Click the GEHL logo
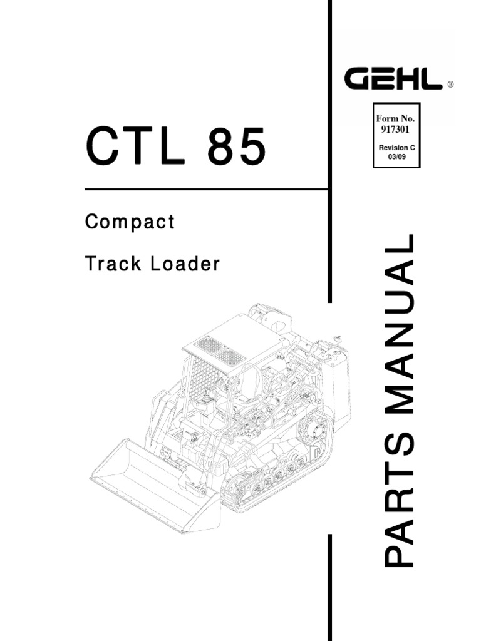pyautogui.click(x=394, y=80)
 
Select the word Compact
pyautogui.click(x=130, y=223)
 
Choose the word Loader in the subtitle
pyautogui.click(x=185, y=264)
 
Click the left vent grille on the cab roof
pyautogui.click(x=209, y=344)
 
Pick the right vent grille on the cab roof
pyautogui.click(x=232, y=357)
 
